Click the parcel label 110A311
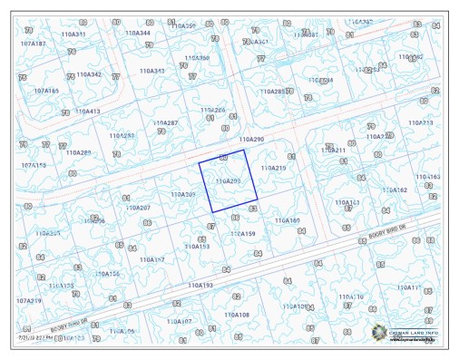74,34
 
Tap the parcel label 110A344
139,34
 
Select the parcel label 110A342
89,75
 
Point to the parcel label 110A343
151,71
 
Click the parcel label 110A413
88,112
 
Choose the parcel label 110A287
165,122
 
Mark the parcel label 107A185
46,91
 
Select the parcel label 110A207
138,208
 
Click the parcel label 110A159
242,234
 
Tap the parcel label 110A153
197,246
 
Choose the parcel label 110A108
237,315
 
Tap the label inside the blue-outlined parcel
228,181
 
